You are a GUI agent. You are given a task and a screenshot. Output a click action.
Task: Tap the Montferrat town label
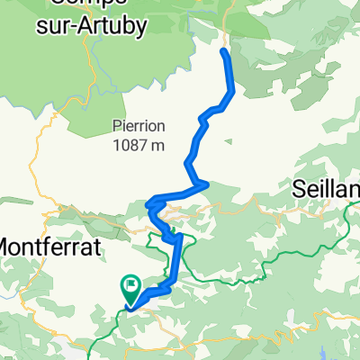[x=44, y=244]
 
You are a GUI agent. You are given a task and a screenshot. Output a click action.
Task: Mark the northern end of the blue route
[x=223, y=50]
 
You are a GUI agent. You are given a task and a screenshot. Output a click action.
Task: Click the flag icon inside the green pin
[x=131, y=287]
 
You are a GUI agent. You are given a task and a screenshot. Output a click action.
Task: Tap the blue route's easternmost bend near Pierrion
[x=234, y=90]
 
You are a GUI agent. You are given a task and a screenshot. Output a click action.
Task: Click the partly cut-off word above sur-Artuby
[x=90, y=4]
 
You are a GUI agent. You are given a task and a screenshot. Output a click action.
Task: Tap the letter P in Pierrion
[x=117, y=127]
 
